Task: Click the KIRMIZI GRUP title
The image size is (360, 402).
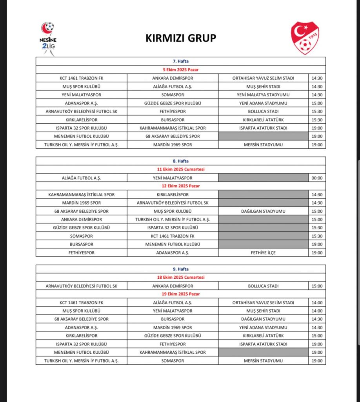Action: click(181, 38)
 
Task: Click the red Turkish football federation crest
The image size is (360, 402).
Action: click(305, 38)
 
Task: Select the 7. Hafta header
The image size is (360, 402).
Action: click(180, 62)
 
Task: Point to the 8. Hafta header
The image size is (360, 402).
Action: click(180, 161)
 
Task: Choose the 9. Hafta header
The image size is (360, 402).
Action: click(180, 269)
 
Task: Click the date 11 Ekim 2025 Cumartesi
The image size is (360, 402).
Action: click(180, 169)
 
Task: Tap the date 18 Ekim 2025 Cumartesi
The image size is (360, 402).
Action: click(180, 278)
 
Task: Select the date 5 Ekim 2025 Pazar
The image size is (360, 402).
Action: click(180, 70)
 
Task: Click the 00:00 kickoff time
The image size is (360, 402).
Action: click(316, 178)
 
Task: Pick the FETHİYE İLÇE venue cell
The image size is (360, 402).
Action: click(263, 253)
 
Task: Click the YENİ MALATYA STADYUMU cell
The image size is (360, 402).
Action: click(263, 95)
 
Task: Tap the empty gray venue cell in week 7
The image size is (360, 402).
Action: click(263, 136)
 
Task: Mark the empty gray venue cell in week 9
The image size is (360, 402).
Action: click(263, 353)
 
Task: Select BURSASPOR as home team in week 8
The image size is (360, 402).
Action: click(81, 244)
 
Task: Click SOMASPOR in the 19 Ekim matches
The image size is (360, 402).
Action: click(173, 361)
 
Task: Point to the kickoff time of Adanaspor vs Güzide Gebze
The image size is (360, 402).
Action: click(316, 103)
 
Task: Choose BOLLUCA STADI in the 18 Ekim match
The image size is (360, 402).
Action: click(263, 286)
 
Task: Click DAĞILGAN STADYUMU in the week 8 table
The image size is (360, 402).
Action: click(263, 211)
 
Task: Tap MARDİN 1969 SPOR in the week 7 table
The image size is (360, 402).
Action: click(173, 144)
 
